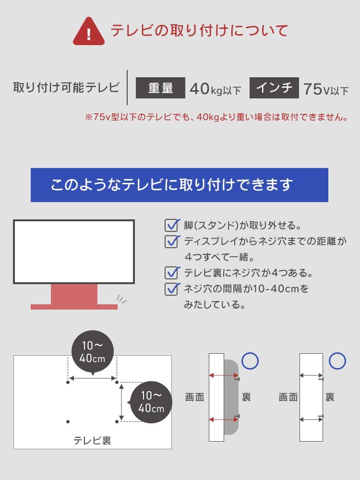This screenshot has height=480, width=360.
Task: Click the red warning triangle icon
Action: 89,32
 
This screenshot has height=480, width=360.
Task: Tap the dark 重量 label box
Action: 160,88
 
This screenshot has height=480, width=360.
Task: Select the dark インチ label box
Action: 274,88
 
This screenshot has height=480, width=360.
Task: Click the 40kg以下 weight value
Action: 215,89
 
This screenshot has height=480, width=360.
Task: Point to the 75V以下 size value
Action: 326,89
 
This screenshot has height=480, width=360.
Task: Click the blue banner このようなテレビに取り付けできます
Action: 180,185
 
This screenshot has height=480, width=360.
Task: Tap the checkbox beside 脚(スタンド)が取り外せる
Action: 172,225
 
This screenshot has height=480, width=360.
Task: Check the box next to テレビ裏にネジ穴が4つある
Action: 172,273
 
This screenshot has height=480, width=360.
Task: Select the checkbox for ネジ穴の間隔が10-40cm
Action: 172,288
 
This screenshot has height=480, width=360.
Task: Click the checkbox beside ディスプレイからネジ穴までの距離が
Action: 172,241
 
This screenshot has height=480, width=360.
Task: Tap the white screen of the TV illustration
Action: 74,252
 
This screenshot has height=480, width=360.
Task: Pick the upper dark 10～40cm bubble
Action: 93,352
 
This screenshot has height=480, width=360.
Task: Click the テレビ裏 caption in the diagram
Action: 92,441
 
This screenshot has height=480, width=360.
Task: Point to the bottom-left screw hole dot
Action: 68,421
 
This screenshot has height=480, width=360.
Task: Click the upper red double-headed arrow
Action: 224,375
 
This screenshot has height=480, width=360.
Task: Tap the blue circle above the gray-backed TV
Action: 250,361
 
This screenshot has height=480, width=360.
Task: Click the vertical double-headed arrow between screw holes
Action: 121,402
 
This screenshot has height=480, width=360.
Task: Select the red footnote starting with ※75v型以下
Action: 216,117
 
